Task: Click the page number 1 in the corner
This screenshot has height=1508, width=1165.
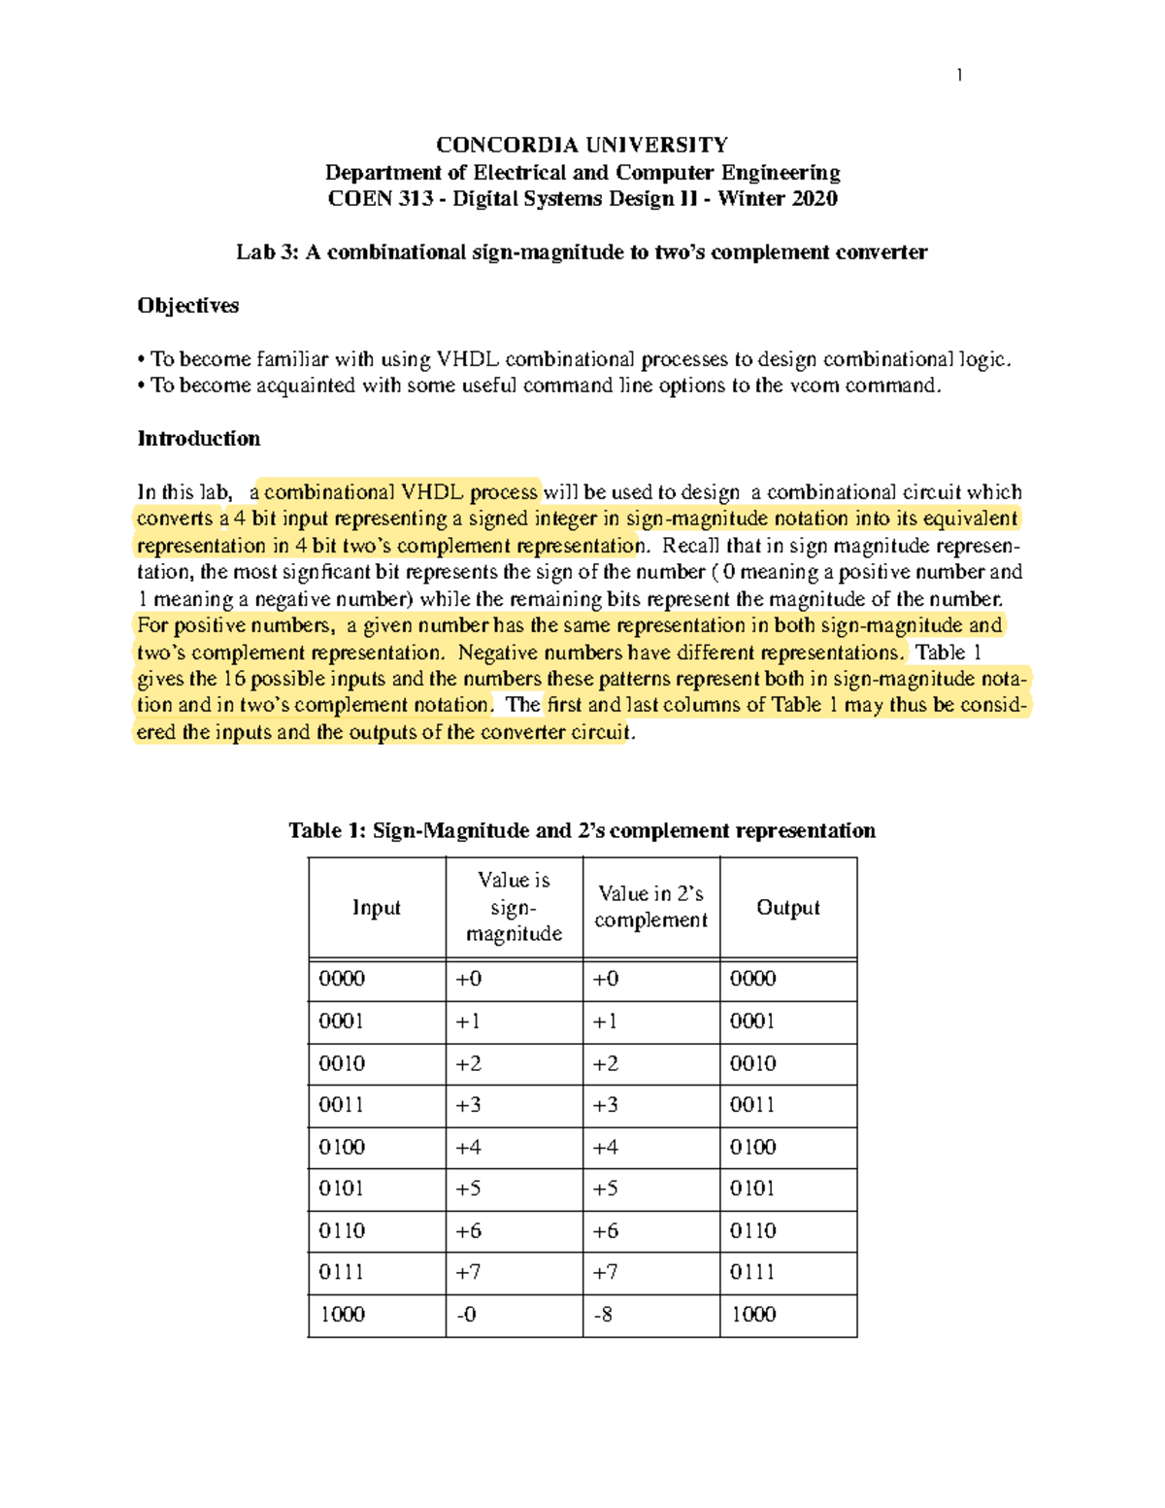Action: [x=959, y=76]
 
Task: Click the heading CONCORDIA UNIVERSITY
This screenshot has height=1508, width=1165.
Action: [x=582, y=146]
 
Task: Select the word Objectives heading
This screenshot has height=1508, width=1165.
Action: [x=187, y=306]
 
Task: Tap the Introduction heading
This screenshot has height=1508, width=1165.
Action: [x=198, y=439]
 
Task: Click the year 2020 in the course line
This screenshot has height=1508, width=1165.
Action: [x=814, y=199]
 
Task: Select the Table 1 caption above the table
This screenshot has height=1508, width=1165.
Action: [x=582, y=831]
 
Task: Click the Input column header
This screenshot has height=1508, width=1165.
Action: [x=376, y=908]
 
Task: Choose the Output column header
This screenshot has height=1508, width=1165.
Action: [x=787, y=908]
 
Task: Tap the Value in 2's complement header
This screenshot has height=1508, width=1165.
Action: [x=650, y=907]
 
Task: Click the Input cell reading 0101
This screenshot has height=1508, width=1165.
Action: [x=342, y=1190]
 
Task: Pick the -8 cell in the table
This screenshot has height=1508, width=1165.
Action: [x=603, y=1315]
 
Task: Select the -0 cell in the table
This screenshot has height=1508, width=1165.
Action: [x=466, y=1315]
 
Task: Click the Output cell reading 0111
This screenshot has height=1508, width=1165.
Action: [x=752, y=1273]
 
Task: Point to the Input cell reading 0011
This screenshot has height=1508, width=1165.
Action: [x=342, y=1105]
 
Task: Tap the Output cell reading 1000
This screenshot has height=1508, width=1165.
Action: [x=752, y=1315]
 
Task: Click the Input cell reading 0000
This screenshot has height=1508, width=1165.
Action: [x=342, y=979]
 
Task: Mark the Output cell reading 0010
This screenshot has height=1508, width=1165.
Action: [x=752, y=1063]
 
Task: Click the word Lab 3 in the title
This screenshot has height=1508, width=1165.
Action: [x=268, y=252]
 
